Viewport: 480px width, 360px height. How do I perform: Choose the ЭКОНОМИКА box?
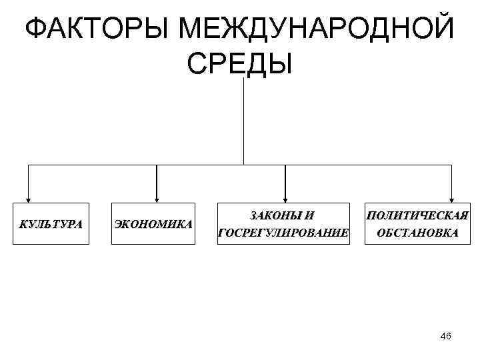[153, 223]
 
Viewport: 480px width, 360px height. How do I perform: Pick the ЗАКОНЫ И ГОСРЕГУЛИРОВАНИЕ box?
[283, 223]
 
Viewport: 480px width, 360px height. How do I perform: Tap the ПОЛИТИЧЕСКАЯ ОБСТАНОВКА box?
[417, 223]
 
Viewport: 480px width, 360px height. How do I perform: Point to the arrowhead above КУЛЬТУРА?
[28, 197]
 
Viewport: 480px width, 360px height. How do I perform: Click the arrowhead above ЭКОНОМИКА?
[157, 197]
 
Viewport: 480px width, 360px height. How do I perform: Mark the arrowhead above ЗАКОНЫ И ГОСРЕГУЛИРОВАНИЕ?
[285, 197]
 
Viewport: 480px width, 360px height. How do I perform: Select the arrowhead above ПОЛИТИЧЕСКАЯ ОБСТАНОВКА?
[453, 197]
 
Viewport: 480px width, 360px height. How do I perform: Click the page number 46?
[446, 337]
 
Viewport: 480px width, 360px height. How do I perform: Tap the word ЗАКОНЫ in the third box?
[274, 215]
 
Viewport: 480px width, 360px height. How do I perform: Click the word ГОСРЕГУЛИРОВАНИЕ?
[283, 233]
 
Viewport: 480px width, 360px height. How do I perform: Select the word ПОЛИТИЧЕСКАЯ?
[417, 215]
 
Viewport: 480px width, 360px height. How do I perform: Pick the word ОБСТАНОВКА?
[417, 233]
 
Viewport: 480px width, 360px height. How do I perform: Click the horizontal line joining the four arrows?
[200, 164]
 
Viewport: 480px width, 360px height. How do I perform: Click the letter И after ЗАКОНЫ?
[309, 215]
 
